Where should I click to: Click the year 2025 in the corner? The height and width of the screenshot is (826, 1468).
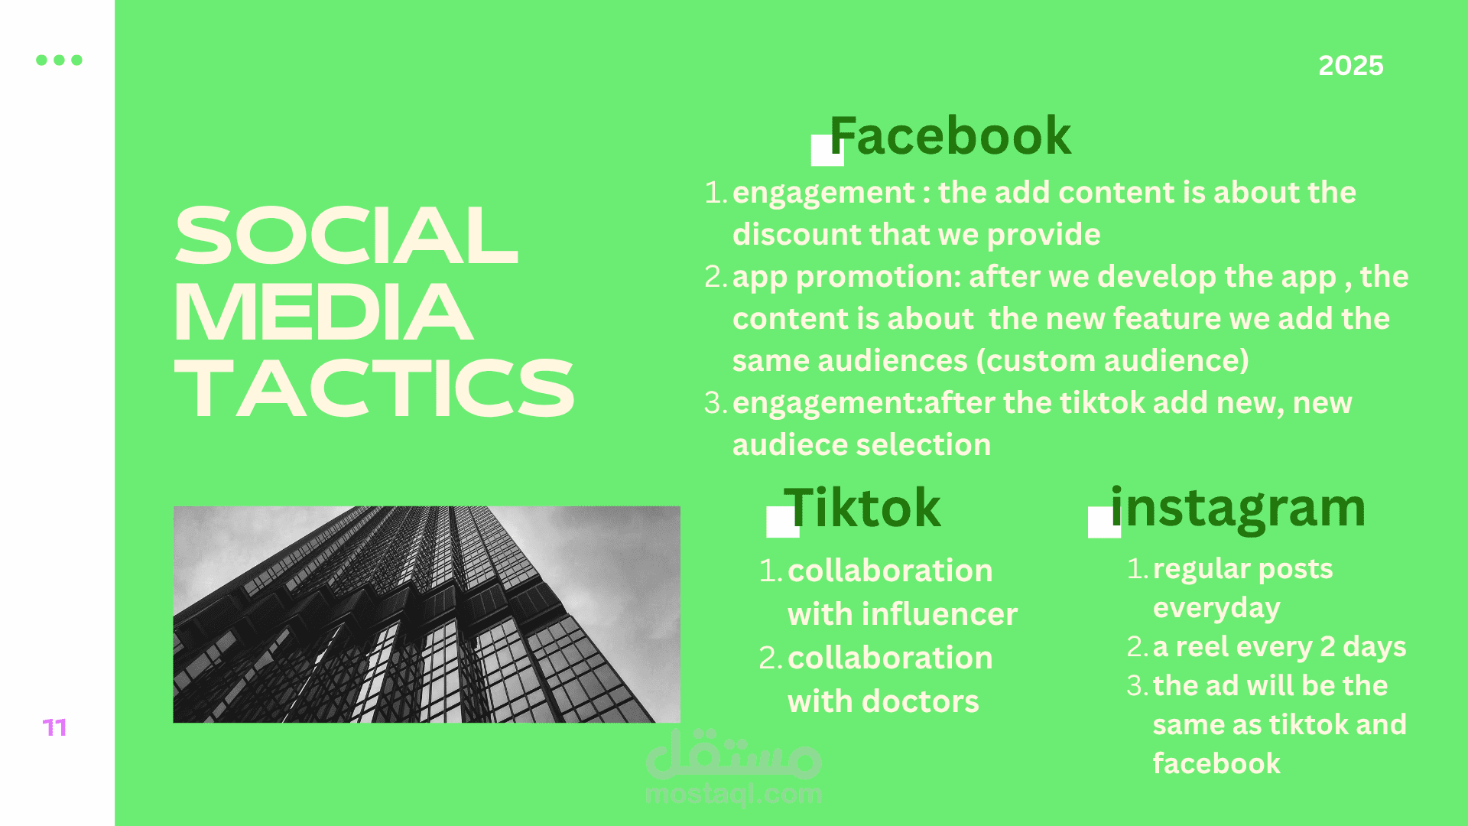pos(1351,66)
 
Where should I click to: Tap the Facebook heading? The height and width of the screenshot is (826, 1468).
pos(950,136)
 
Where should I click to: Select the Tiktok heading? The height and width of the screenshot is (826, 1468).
pos(862,508)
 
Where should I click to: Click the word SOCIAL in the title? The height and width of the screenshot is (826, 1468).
pos(346,236)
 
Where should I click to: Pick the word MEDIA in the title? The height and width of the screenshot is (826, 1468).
pos(323,312)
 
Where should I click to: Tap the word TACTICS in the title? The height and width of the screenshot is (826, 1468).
pos(374,389)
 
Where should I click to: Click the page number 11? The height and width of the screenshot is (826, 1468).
pos(54,727)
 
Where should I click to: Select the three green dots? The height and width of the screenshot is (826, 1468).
pos(59,60)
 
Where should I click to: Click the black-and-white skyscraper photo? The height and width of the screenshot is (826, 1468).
pos(427,614)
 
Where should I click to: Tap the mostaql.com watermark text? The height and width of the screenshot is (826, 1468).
pos(733,794)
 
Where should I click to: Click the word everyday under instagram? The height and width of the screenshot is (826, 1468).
pos(1216,609)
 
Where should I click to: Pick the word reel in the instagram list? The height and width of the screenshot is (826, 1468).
pos(1202,647)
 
